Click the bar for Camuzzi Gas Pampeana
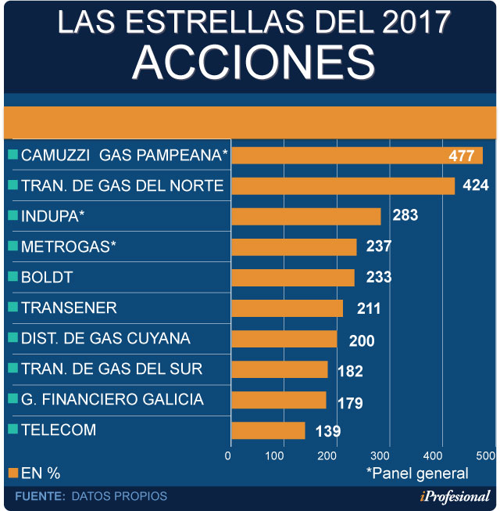tap(356, 155)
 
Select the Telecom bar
tap(268, 430)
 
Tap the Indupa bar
tap(305, 216)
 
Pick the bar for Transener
tap(287, 308)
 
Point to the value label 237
tap(378, 247)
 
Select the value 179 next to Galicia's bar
tap(350, 404)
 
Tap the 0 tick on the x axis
tap(229, 455)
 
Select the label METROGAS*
tap(69, 247)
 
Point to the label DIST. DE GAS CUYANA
tap(106, 339)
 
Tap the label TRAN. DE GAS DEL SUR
tap(112, 369)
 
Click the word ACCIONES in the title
tap(250, 61)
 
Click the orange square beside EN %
tap(12, 473)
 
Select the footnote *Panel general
tap(417, 473)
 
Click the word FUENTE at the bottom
tap(39, 496)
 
